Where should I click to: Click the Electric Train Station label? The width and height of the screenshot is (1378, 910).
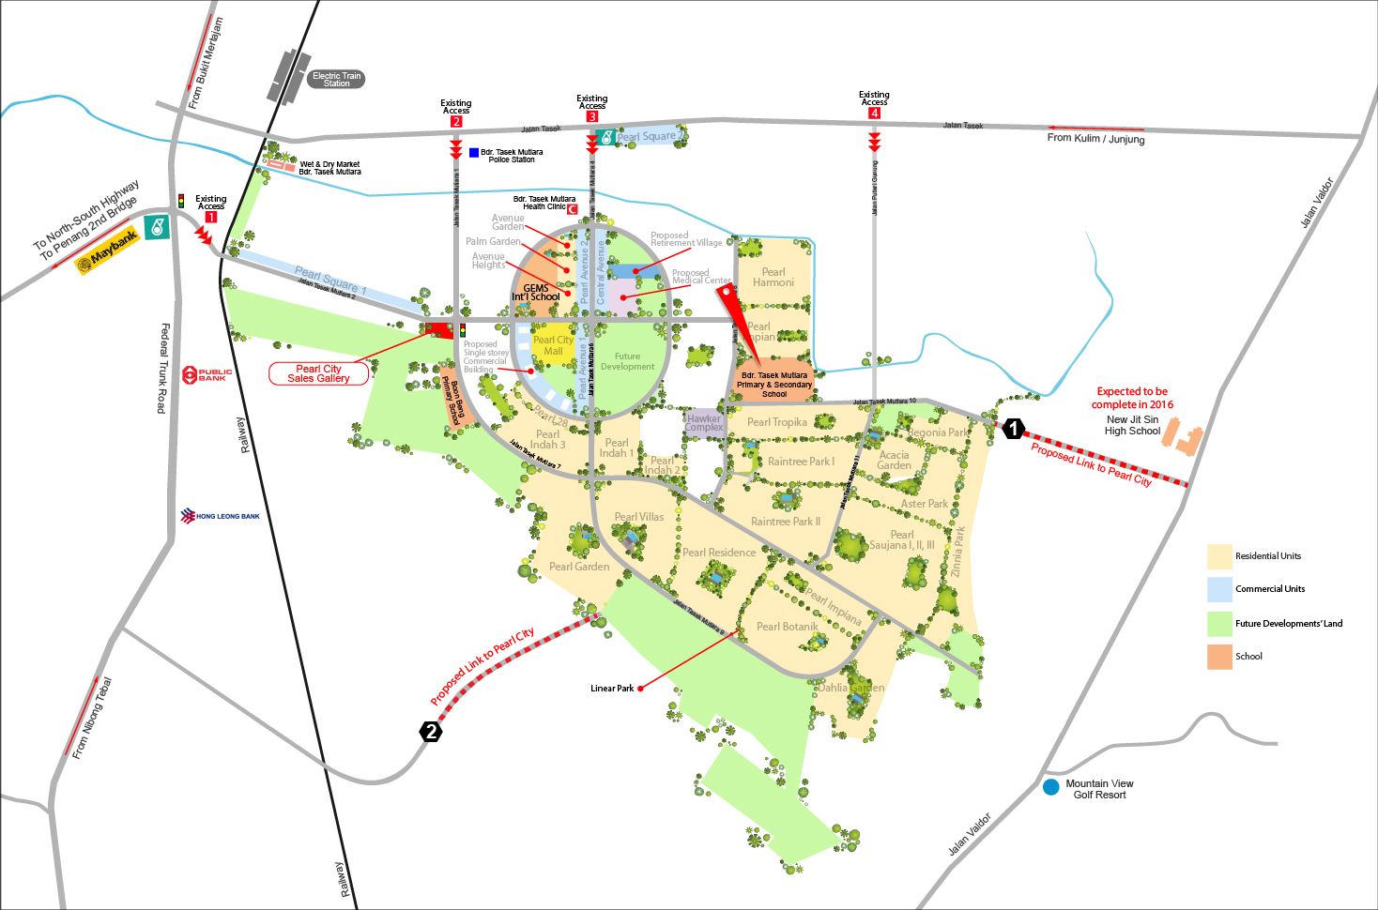pos(336,80)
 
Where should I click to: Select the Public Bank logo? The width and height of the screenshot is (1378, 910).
pos(207,374)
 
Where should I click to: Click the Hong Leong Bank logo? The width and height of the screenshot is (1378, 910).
pos(221,516)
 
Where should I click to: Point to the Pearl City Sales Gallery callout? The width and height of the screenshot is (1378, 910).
pos(318,373)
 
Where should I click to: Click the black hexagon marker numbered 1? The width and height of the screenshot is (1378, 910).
pos(1013,429)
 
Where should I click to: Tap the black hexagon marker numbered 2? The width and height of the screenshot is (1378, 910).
pos(431,732)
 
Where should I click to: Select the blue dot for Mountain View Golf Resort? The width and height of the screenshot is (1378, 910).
pos(1051,787)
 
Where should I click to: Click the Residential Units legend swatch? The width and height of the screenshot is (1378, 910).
pos(1219,556)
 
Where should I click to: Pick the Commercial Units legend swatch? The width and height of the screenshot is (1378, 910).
pos(1219,589)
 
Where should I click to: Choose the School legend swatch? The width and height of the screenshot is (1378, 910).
pos(1219,657)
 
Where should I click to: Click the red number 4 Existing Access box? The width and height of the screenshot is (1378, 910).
pos(874,114)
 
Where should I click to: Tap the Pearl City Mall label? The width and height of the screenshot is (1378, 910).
pos(553,345)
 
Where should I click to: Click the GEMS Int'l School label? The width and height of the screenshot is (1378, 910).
pos(536,293)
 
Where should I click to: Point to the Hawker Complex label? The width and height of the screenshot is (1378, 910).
pos(704,423)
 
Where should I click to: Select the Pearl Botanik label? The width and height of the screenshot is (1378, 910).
pos(788,627)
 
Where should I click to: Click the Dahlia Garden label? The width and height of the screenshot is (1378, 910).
pos(850,688)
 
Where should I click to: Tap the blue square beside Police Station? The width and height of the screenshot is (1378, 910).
pos(474,152)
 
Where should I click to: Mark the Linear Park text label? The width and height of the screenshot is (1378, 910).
pos(612,689)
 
